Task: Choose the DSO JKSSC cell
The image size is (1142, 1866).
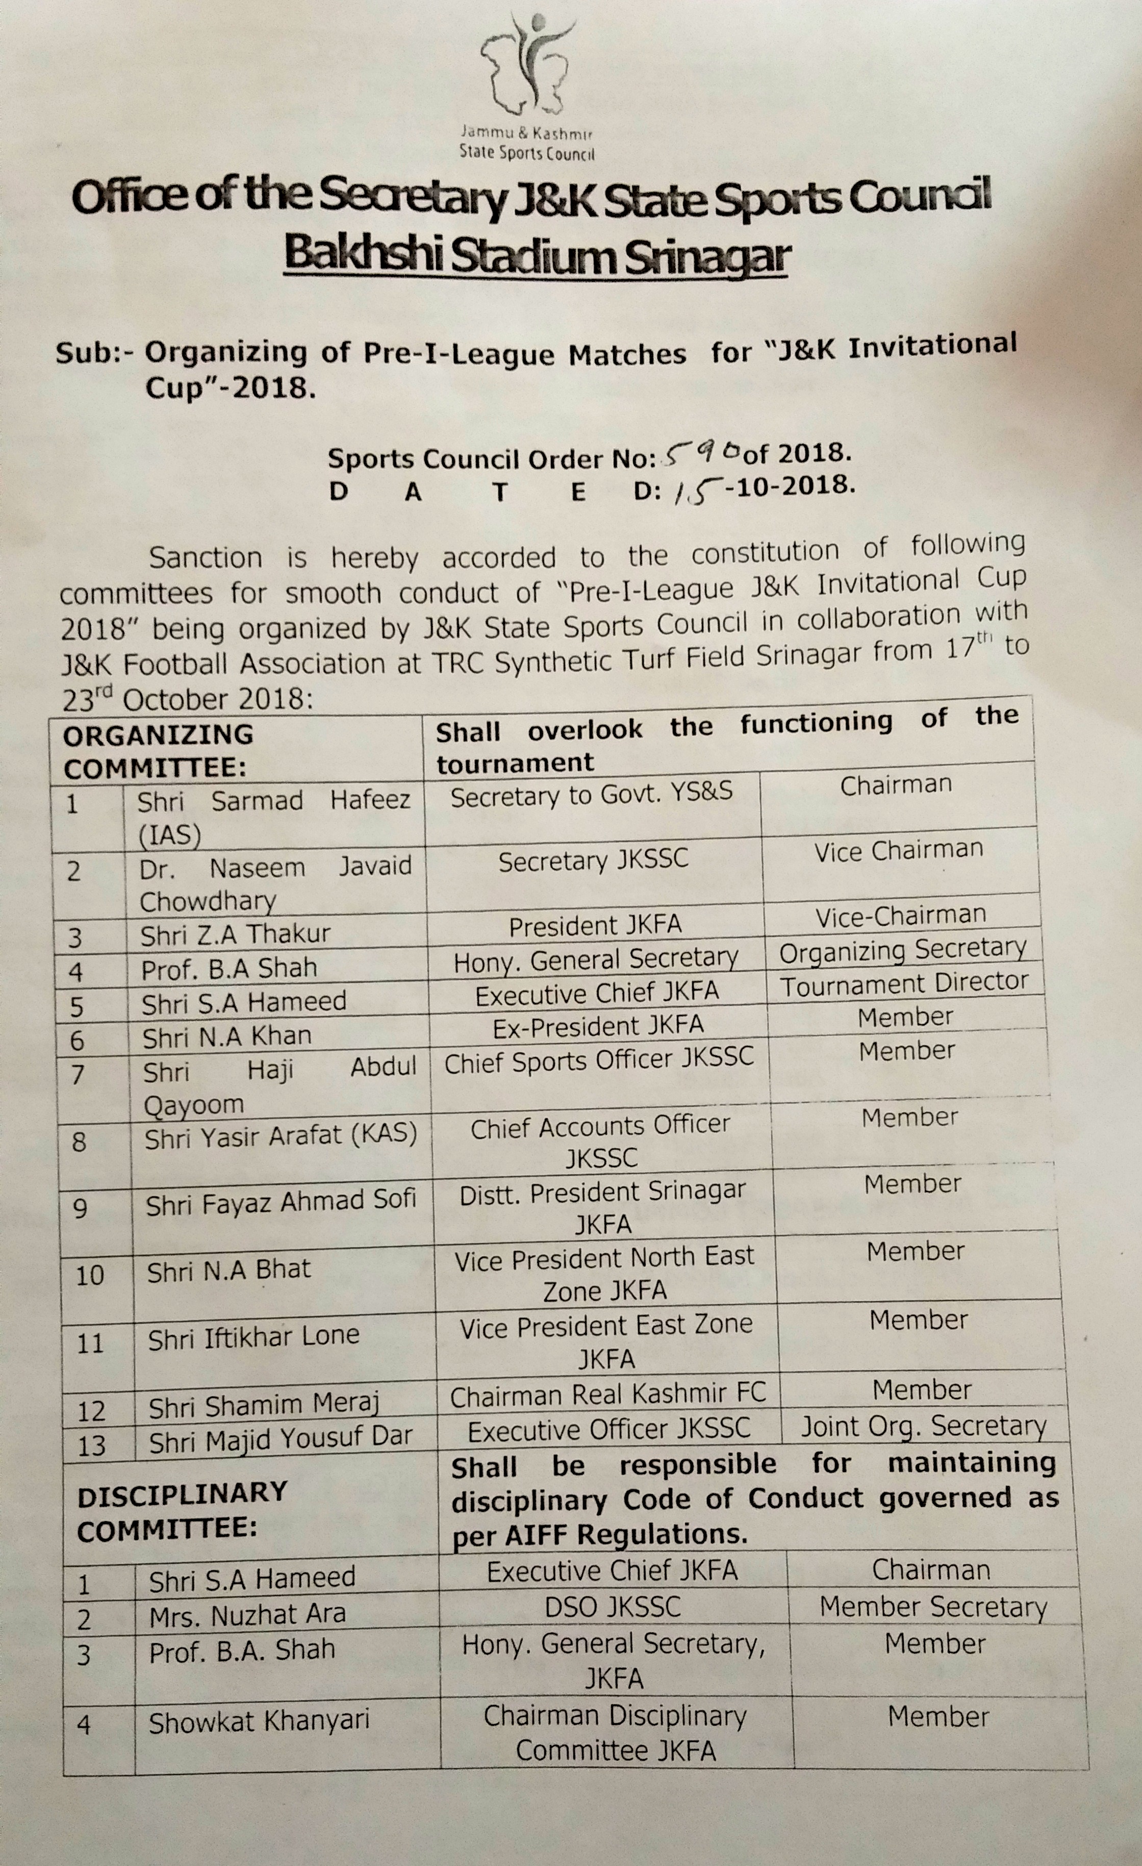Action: pyautogui.click(x=613, y=1606)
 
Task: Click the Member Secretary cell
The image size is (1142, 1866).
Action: pyautogui.click(x=933, y=1606)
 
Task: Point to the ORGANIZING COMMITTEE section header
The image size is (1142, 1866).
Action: pyautogui.click(x=158, y=751)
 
